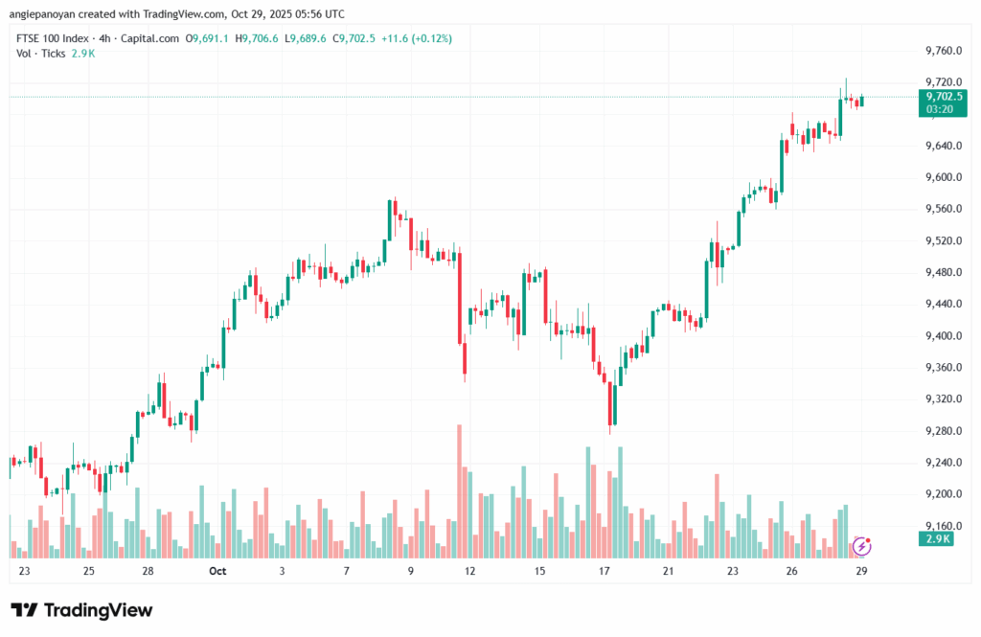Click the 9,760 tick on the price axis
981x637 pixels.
click(x=943, y=51)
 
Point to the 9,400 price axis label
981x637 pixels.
click(x=943, y=336)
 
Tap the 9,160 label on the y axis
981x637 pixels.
click(x=943, y=526)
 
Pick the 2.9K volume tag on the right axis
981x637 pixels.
click(x=938, y=539)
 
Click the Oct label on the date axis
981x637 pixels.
click(x=217, y=571)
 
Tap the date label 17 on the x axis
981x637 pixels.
click(x=605, y=571)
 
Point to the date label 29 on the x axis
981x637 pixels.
click(x=861, y=571)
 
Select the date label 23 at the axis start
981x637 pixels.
click(x=24, y=571)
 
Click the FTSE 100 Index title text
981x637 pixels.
click(x=54, y=38)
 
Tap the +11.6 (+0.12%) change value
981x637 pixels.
click(x=416, y=38)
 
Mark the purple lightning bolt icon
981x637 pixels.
click(x=861, y=546)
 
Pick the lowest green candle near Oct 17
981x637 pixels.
click(x=614, y=402)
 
